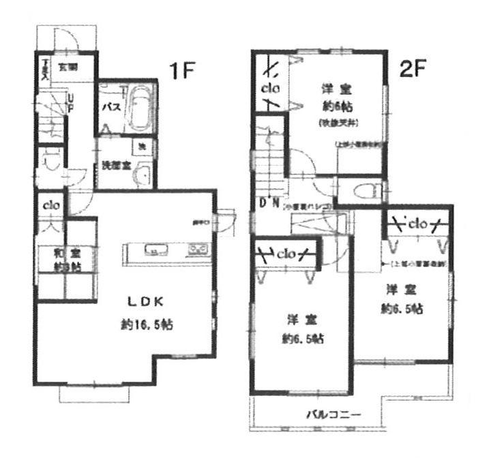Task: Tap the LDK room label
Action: tap(143, 301)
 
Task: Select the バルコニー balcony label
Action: tap(332, 414)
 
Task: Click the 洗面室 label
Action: tap(113, 165)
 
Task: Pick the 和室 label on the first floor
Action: tap(65, 254)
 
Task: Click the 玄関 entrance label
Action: tap(68, 67)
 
